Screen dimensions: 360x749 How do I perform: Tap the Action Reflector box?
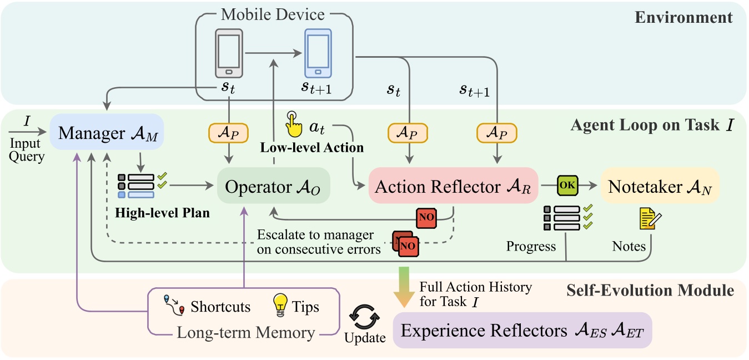click(453, 186)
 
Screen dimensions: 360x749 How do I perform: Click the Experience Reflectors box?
click(521, 332)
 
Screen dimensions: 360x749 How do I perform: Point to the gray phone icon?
click(228, 53)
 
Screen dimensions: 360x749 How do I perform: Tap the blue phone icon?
click(317, 53)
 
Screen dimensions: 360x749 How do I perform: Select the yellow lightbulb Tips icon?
click(279, 306)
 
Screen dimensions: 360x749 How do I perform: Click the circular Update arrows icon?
click(364, 318)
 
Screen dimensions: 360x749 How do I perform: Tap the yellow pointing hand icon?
click(293, 123)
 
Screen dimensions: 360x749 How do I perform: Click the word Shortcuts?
click(220, 307)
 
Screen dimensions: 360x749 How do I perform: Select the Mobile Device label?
click(273, 14)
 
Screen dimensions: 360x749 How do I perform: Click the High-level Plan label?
click(163, 213)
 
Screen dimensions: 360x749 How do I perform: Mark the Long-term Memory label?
click(246, 333)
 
